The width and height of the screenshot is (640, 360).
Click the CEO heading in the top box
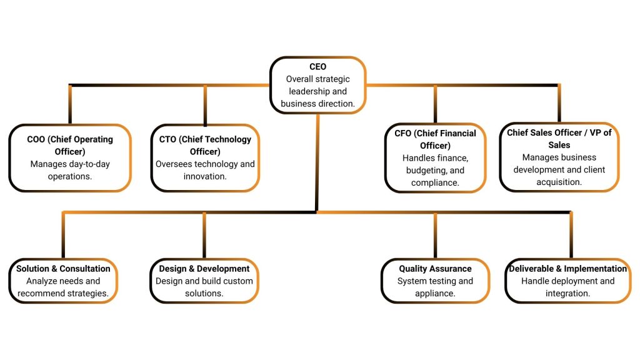317,67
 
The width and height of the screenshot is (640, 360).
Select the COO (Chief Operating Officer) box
70,157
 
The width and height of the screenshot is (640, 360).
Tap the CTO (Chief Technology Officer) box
205,157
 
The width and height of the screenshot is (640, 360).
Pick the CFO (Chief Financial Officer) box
435,157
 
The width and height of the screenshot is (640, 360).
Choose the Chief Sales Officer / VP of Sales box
559,157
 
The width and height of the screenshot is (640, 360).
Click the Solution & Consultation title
63,269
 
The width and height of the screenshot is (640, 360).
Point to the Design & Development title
204,269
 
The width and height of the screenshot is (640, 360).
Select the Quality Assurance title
435,269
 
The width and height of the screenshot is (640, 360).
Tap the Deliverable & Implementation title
568,269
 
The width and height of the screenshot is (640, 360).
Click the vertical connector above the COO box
70,104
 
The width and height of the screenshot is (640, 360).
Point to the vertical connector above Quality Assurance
435,234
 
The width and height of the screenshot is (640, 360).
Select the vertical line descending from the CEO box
317,162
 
